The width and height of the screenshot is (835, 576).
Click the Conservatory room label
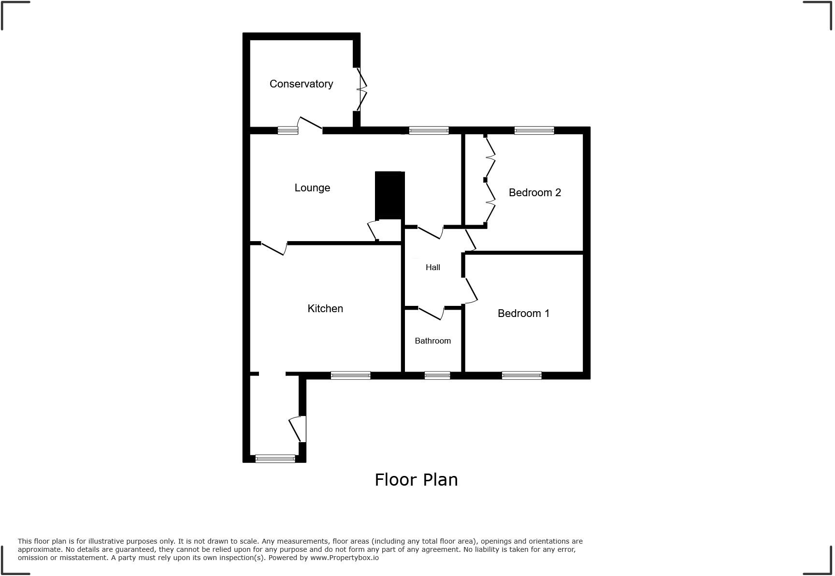(301, 84)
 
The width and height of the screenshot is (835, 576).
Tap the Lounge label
(312, 188)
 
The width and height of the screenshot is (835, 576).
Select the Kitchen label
(325, 309)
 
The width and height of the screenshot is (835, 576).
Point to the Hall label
(432, 267)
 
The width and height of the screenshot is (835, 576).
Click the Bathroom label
(432, 341)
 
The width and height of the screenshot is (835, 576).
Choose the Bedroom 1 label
(523, 314)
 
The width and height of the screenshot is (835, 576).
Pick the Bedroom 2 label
(534, 193)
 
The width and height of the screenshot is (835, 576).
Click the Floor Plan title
(416, 480)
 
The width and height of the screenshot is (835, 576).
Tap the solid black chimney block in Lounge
(389, 195)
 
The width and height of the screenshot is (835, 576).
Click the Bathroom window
(437, 375)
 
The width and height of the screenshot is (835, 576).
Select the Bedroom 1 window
(521, 375)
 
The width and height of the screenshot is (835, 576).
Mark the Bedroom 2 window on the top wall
(534, 130)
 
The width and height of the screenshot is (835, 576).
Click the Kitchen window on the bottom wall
(350, 375)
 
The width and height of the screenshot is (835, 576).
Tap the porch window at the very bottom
(275, 459)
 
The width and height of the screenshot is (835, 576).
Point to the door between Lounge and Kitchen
(274, 248)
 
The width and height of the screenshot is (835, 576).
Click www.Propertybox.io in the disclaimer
(345, 558)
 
